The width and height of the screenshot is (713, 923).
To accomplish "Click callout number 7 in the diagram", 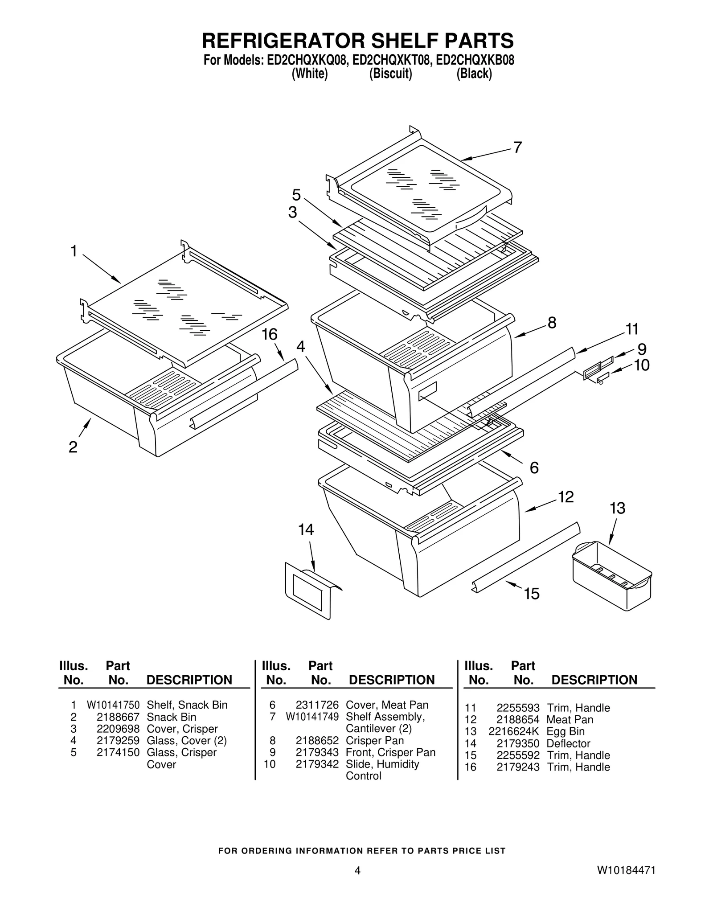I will point(517,148).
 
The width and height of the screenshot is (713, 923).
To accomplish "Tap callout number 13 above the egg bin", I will point(617,508).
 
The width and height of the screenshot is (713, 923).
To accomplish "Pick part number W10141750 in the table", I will point(113,705).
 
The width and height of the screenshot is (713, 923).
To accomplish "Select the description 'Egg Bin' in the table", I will point(565,731).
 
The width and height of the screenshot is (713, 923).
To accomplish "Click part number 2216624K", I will point(514,731).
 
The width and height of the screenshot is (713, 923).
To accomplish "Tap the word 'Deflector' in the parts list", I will point(568,743).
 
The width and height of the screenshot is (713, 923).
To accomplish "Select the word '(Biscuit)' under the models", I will point(390,74).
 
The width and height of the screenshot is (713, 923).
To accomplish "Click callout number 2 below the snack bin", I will point(73,447).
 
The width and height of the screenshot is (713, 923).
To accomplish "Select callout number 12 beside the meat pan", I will point(565,497).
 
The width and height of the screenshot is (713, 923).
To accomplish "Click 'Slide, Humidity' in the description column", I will point(382,764).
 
